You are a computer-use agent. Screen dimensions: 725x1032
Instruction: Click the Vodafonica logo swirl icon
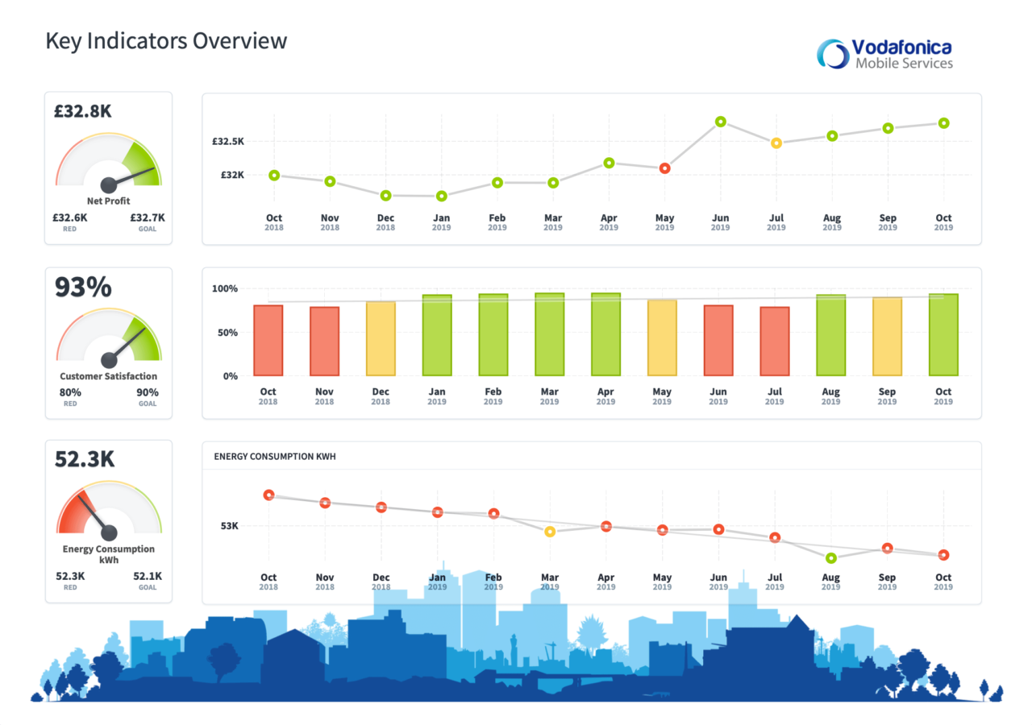[x=833, y=54]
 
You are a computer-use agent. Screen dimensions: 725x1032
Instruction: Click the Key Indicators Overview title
[x=166, y=40]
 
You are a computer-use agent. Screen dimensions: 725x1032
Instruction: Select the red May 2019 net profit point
[x=664, y=168]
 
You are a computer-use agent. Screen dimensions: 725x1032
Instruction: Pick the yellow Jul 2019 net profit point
[x=776, y=143]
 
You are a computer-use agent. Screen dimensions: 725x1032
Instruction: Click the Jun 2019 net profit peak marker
[x=720, y=122]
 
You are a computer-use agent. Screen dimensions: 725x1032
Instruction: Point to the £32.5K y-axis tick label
[x=228, y=142]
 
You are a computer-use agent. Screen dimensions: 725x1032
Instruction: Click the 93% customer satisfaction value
[x=83, y=288]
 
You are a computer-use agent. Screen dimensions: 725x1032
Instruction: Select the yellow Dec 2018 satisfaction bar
[x=381, y=338]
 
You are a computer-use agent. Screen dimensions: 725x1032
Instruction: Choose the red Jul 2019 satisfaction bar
[x=774, y=341]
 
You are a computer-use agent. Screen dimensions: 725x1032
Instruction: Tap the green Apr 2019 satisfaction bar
[x=605, y=334]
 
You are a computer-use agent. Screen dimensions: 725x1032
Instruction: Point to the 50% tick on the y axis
[x=225, y=333]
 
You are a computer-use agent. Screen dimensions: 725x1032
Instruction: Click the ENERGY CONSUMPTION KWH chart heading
[x=275, y=457]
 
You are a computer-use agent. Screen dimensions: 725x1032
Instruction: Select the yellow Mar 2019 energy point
[x=550, y=532]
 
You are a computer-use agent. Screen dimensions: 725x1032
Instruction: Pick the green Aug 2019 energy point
[x=830, y=557]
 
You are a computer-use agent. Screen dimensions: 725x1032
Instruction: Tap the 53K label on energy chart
[x=230, y=526]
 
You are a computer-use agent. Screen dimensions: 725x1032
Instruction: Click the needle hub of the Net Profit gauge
[x=108, y=184]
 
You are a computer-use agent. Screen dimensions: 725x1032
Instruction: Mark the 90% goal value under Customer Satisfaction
[x=148, y=393]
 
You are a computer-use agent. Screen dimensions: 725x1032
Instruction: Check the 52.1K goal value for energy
[x=148, y=576]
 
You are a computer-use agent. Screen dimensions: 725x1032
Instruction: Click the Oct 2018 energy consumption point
[x=268, y=495]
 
